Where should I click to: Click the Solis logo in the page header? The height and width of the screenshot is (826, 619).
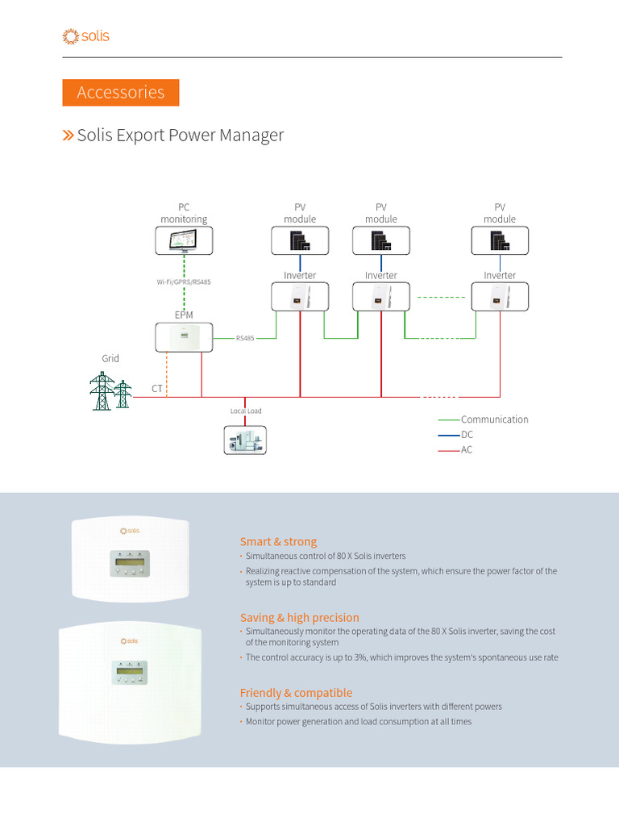[x=85, y=36]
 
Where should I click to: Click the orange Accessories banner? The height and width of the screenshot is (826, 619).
[x=121, y=93]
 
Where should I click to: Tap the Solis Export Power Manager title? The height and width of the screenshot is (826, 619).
[x=180, y=135]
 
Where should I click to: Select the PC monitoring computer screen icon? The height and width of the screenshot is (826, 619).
[x=184, y=240]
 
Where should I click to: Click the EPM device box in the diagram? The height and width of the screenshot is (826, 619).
[x=184, y=337]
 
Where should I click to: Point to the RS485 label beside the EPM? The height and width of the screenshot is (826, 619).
[x=245, y=339]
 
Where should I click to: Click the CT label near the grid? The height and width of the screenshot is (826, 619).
[x=156, y=389]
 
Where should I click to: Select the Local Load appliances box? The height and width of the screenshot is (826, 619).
[x=245, y=440]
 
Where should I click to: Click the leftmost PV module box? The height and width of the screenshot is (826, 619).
[x=300, y=240]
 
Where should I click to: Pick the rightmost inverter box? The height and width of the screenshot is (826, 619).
[x=500, y=297]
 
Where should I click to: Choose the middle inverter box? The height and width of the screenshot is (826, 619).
[x=381, y=297]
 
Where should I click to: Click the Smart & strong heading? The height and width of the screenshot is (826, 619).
[x=278, y=542]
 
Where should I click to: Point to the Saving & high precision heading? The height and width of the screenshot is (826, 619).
[x=299, y=618]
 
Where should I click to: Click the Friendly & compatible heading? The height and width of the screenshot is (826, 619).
[x=296, y=693]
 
